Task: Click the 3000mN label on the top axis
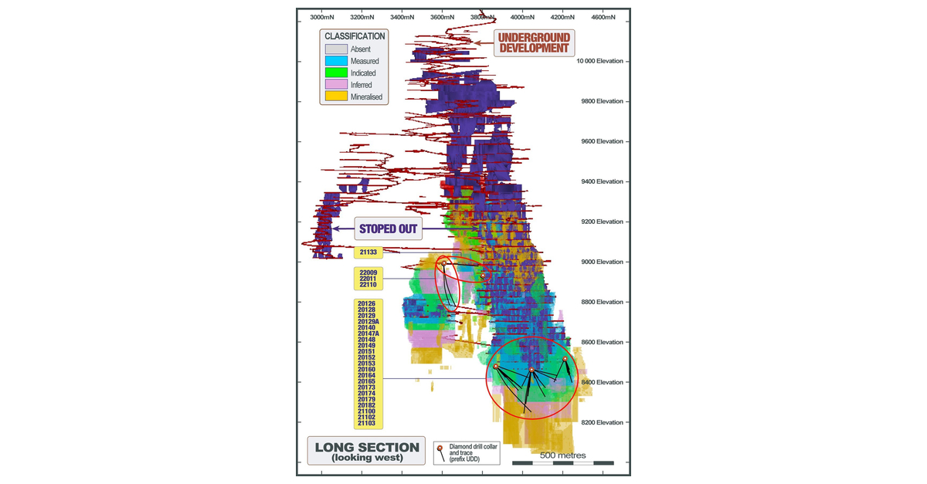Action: coord(321,16)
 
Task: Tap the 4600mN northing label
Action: coord(603,16)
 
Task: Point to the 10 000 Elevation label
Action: coord(600,62)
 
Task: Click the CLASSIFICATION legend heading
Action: coord(355,36)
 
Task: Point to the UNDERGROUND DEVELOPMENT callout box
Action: coord(534,42)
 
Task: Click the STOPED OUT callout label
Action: coord(389,228)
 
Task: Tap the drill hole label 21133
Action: coord(368,252)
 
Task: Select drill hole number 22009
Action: coord(368,272)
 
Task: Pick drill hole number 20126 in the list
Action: coord(366,303)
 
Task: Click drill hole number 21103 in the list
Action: coord(366,424)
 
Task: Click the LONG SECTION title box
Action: coord(367,452)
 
